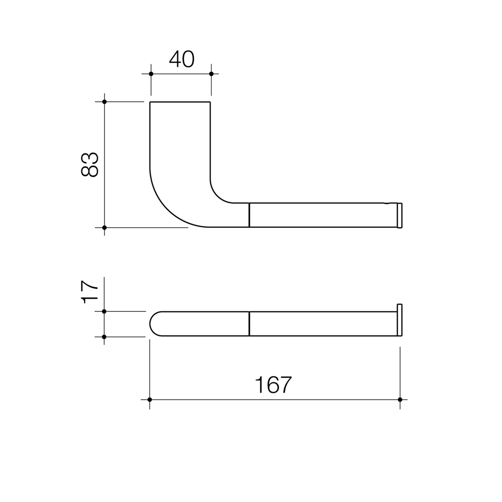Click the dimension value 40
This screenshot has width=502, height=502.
click(x=181, y=59)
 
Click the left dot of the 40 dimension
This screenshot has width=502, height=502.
click(x=151, y=74)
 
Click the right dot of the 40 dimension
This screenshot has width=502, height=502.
click(x=211, y=74)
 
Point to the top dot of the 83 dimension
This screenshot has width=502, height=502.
click(x=104, y=102)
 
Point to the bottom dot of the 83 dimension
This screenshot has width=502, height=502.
click(x=104, y=228)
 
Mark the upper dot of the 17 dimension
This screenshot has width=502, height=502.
click(x=104, y=311)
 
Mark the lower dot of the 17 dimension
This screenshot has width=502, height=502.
click(x=104, y=337)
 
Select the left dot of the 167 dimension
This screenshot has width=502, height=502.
click(x=150, y=399)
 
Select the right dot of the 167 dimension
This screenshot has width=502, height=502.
click(x=400, y=399)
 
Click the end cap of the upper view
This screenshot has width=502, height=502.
click(x=400, y=215)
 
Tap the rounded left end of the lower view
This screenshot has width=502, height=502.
click(x=150, y=324)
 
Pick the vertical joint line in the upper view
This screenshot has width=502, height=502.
click(x=249, y=215)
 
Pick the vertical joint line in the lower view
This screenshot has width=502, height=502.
click(x=249, y=324)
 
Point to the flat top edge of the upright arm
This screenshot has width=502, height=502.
click(x=180, y=102)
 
